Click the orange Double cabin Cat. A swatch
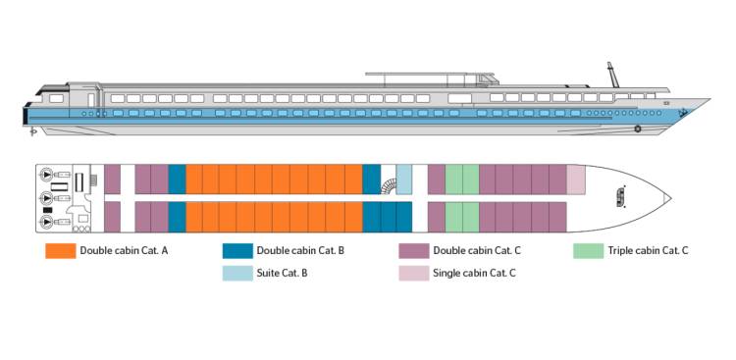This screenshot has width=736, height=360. [x=60, y=251]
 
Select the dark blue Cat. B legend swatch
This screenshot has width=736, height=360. [x=237, y=251]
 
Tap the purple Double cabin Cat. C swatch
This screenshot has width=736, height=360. [x=413, y=251]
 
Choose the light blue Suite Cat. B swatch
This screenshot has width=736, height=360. [x=237, y=274]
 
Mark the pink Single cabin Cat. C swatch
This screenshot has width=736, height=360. [x=413, y=274]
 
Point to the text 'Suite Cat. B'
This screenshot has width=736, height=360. [x=284, y=274]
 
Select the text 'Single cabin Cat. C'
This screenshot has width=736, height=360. [x=474, y=274]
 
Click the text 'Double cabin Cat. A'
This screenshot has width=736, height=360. [x=125, y=251]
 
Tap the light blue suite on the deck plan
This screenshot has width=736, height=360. [x=403, y=180]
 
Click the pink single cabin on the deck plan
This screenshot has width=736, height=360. [x=576, y=180]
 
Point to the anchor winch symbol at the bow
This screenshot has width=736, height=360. [x=620, y=197]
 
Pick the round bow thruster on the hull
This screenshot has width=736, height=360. [x=638, y=129]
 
